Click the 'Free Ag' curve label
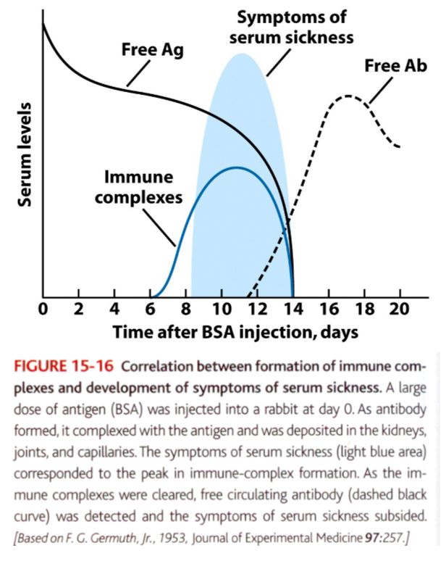coord(153,51)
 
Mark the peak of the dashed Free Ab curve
coord(349,96)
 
